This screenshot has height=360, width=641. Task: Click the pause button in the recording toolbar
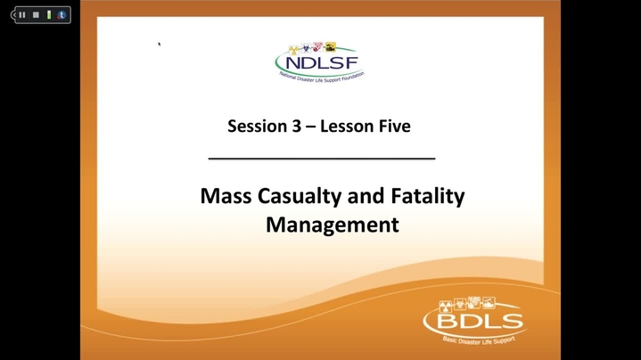pyautogui.click(x=22, y=15)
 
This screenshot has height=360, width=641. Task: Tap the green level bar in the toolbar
pyautogui.click(x=49, y=15)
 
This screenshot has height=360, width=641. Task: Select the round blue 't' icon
pyautogui.click(x=62, y=15)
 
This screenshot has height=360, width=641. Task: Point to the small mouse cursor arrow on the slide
pyautogui.click(x=159, y=45)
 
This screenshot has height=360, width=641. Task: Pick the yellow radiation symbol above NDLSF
pyautogui.click(x=293, y=50)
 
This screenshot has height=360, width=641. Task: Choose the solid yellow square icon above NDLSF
pyautogui.click(x=331, y=46)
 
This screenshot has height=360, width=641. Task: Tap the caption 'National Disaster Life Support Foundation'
pyautogui.click(x=322, y=78)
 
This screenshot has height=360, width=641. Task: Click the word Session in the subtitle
pyautogui.click(x=257, y=126)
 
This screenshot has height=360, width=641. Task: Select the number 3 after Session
pyautogui.click(x=296, y=126)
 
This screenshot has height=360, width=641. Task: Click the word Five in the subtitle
pyautogui.click(x=394, y=126)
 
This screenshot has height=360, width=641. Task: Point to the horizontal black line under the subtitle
pyautogui.click(x=322, y=158)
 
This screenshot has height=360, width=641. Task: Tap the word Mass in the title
pyautogui.click(x=226, y=196)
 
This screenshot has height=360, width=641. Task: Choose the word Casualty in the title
pyautogui.click(x=300, y=197)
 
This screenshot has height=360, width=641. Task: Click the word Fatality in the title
pyautogui.click(x=428, y=197)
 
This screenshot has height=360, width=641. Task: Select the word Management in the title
pyautogui.click(x=333, y=225)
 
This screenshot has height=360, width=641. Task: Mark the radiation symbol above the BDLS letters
pyautogui.click(x=445, y=306)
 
